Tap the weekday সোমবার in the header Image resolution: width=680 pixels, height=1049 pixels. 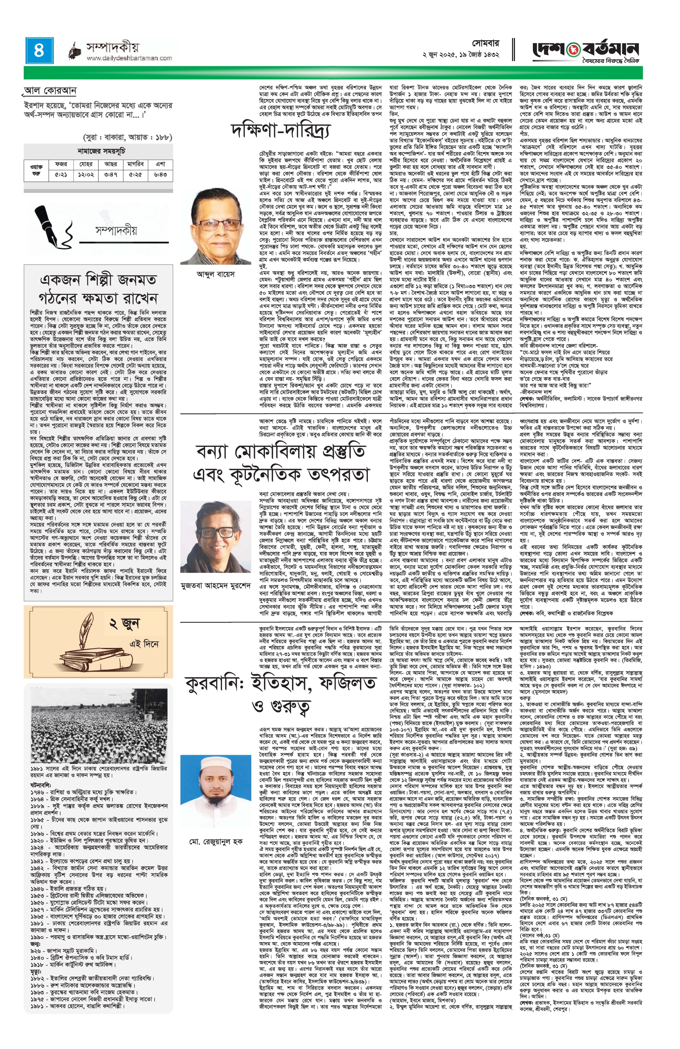[485, 44]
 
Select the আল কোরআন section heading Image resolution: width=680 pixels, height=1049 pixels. [51, 92]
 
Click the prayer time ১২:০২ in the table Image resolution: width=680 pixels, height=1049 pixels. [86, 175]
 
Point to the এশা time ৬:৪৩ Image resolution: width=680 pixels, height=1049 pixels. [160, 175]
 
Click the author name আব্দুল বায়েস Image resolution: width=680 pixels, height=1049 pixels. [215, 274]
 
